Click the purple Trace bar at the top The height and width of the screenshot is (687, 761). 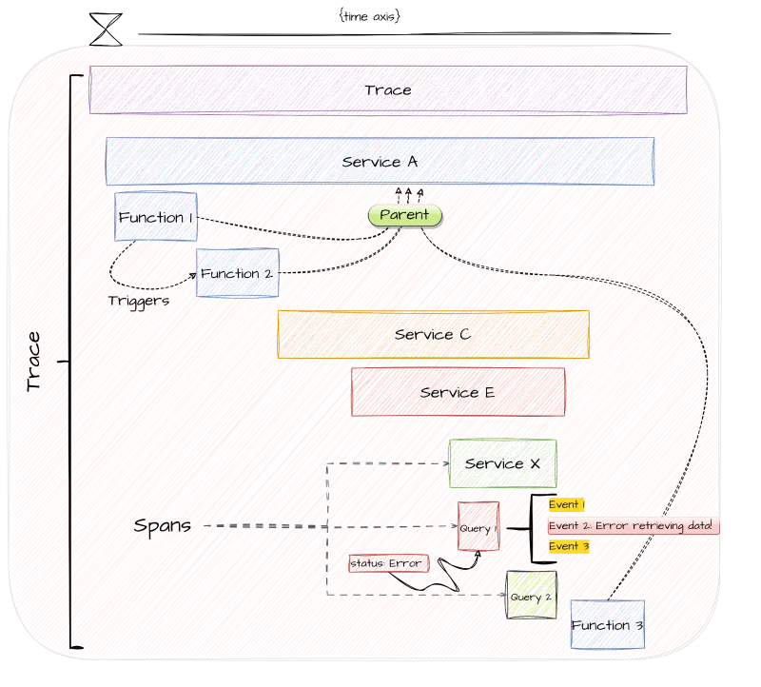click(388, 89)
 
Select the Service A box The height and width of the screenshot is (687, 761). click(380, 162)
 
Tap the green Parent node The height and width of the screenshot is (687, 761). click(404, 216)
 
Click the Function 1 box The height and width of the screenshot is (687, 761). click(156, 218)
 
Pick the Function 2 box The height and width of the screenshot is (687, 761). click(236, 273)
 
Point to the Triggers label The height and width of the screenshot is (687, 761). click(138, 300)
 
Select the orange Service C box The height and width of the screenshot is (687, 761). click(433, 335)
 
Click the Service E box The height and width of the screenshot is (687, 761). click(458, 392)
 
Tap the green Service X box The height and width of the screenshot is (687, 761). click(502, 463)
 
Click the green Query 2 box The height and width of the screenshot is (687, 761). click(530, 596)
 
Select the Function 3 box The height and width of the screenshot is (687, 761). click(607, 625)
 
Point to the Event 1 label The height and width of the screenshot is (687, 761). click(567, 504)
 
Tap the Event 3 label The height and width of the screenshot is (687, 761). click(570, 546)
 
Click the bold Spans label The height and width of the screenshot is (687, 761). click(163, 525)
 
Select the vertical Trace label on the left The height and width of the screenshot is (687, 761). click(35, 362)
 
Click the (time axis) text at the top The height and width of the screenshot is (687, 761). click(368, 17)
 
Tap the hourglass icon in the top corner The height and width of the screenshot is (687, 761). click(106, 27)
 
